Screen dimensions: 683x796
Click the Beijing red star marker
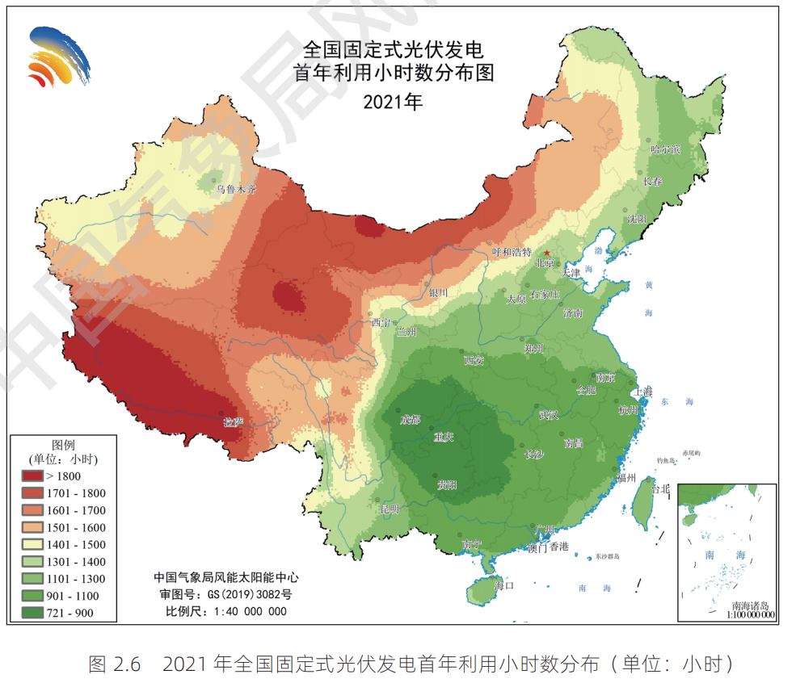point(547,254)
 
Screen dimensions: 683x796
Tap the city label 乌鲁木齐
point(235,190)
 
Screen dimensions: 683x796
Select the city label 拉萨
point(234,421)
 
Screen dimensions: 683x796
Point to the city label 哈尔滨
point(666,149)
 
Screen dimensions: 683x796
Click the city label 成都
point(410,419)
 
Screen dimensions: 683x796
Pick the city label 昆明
point(390,509)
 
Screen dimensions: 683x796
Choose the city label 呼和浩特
point(512,252)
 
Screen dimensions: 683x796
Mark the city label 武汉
point(549,415)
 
